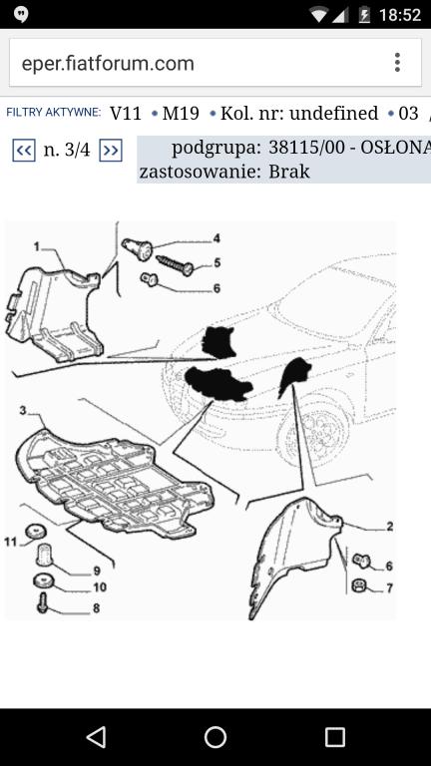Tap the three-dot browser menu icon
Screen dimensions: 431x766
(397, 63)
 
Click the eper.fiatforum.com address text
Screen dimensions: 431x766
(108, 64)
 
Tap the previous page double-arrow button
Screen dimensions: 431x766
(24, 150)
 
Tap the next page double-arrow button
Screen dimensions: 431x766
(111, 150)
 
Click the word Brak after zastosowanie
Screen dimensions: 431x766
(289, 172)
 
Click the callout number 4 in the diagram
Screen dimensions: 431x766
(215, 238)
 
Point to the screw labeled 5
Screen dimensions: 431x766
(175, 264)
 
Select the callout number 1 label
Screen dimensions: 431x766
(37, 247)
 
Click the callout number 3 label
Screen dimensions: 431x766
(23, 410)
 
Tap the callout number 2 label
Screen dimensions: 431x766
(389, 527)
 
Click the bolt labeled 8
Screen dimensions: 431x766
(43, 601)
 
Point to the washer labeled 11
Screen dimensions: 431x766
(35, 530)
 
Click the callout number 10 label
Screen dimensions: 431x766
(100, 586)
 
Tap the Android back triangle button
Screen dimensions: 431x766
(96, 737)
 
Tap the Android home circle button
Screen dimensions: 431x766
(215, 737)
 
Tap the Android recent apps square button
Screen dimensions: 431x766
(335, 737)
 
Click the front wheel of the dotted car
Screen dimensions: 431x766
(312, 430)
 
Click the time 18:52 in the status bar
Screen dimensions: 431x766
(400, 15)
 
